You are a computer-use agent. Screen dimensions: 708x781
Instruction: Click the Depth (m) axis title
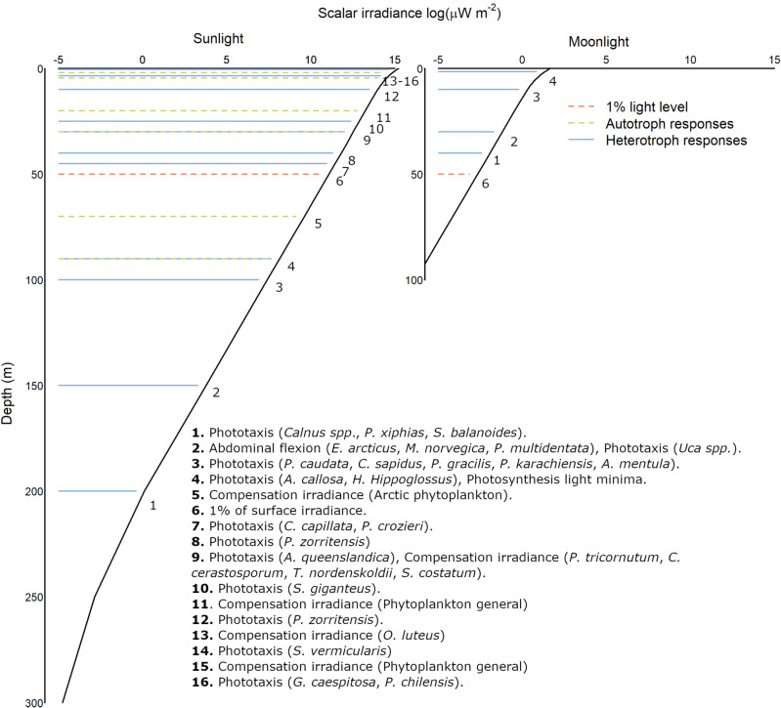10,385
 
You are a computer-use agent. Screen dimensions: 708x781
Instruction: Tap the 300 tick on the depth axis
33,703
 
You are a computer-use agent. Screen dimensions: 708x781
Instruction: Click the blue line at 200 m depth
98,491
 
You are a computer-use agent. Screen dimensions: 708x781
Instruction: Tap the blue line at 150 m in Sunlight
127,385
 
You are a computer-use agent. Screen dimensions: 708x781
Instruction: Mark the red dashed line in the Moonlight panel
454,174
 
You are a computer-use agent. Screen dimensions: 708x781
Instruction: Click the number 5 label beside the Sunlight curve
318,224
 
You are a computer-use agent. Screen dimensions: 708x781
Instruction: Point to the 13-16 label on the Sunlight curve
401,81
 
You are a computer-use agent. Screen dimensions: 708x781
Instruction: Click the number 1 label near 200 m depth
152,505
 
